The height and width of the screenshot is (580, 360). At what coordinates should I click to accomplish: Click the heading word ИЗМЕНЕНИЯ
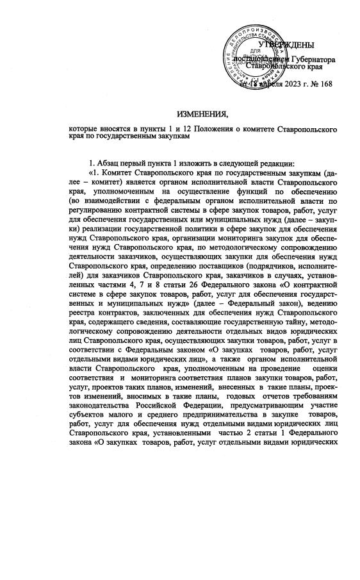pos(202,115)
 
